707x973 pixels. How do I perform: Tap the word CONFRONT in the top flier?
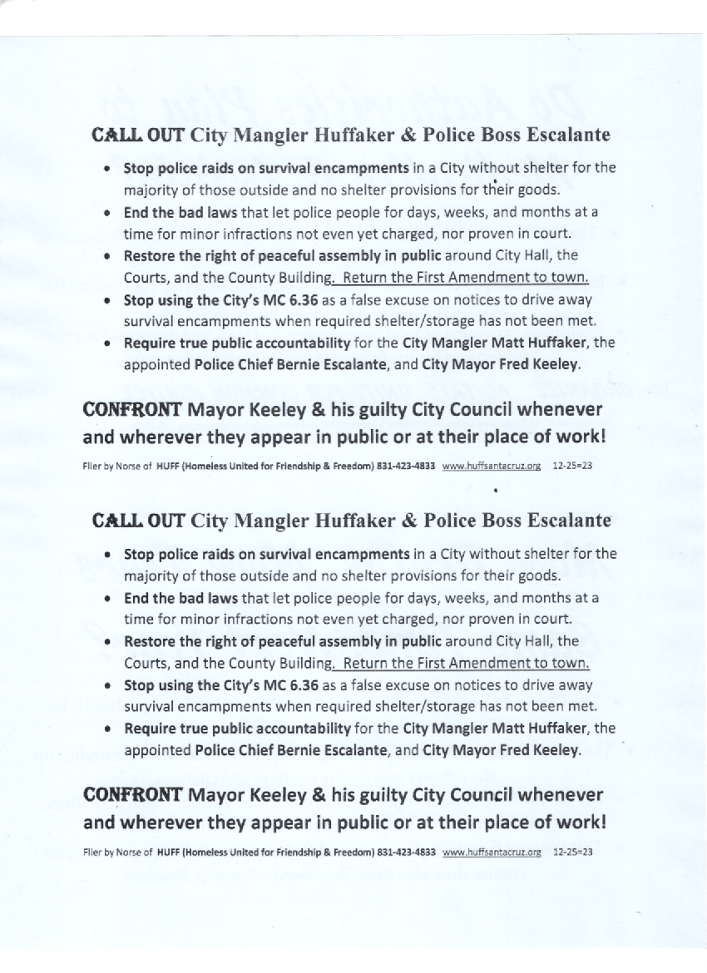133,409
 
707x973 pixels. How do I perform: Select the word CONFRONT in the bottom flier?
133,793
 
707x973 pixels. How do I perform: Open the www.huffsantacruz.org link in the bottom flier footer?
492,852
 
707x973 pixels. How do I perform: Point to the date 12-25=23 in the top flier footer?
572,467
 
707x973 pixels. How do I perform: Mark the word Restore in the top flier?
150,255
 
